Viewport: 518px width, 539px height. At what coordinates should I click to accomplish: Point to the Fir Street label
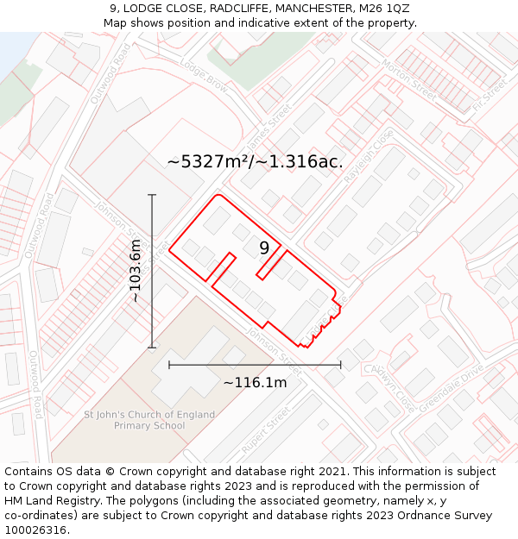click(x=490, y=97)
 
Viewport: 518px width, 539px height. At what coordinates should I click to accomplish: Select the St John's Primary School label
click(x=149, y=420)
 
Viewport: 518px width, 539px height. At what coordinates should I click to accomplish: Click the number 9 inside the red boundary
click(x=264, y=248)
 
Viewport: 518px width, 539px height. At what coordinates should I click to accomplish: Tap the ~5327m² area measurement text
click(x=255, y=161)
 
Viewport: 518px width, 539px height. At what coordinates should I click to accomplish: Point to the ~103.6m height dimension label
click(x=136, y=271)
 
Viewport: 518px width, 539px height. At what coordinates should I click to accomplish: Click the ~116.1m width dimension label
click(x=255, y=382)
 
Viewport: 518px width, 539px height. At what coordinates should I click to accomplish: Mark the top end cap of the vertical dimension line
click(x=152, y=195)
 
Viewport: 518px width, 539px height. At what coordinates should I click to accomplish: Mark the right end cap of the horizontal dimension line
click(x=341, y=365)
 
